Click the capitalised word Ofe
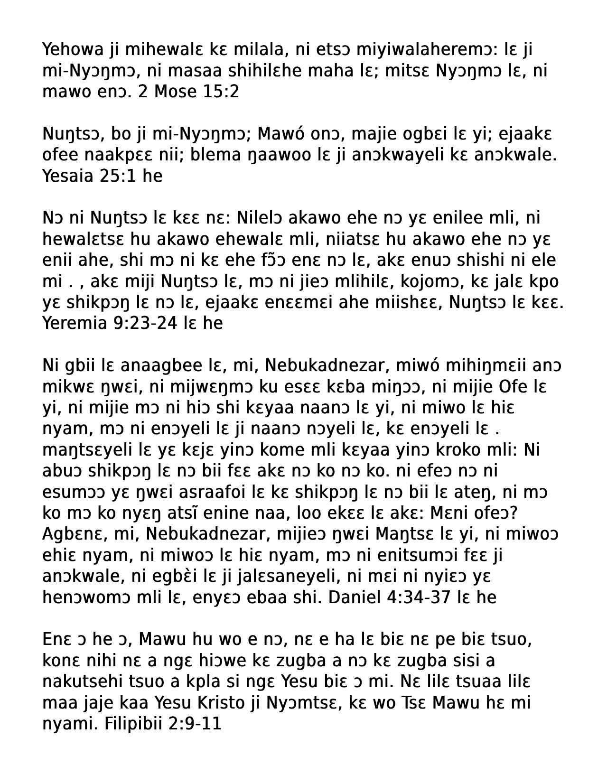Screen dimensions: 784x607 pyautogui.click(x=516, y=387)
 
